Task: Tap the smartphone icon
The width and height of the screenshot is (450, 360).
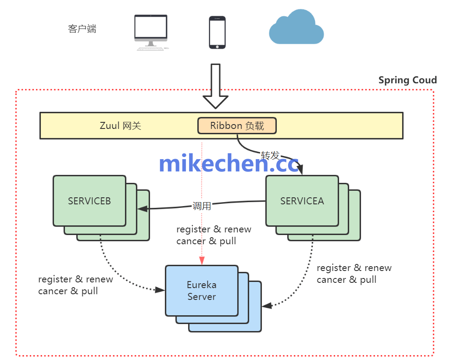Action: tap(217, 32)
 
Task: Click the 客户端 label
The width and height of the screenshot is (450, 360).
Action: tap(82, 29)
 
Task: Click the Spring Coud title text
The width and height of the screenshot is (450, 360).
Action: tap(407, 80)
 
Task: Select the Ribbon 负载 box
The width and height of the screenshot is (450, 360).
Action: tap(237, 126)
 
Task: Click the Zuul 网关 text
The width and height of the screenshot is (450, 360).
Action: tap(121, 126)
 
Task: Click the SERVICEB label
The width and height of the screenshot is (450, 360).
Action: tap(89, 201)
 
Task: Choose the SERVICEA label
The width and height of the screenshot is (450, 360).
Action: tap(302, 201)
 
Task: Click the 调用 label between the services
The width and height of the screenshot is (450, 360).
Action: tap(202, 206)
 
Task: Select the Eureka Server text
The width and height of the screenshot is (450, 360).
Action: tap(202, 291)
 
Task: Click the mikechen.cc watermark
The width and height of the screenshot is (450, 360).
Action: tap(229, 163)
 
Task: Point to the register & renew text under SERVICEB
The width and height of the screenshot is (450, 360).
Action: tap(75, 279)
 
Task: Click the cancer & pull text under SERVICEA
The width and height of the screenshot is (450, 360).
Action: tap(346, 279)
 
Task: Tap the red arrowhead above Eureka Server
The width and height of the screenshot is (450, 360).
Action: tap(202, 261)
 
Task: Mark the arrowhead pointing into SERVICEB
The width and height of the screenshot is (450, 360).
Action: tap(141, 209)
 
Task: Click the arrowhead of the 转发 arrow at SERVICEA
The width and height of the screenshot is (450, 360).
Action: tap(301, 171)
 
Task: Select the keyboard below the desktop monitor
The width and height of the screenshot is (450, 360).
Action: tap(151, 48)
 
